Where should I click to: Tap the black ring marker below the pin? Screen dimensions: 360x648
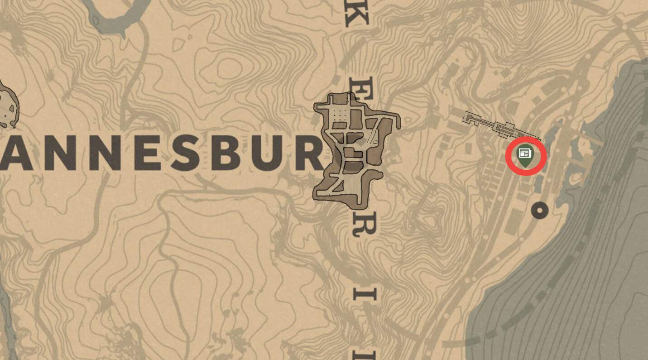point(539,210)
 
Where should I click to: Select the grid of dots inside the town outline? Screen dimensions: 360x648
point(340,115)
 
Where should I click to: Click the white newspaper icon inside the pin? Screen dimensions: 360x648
point(524,154)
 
